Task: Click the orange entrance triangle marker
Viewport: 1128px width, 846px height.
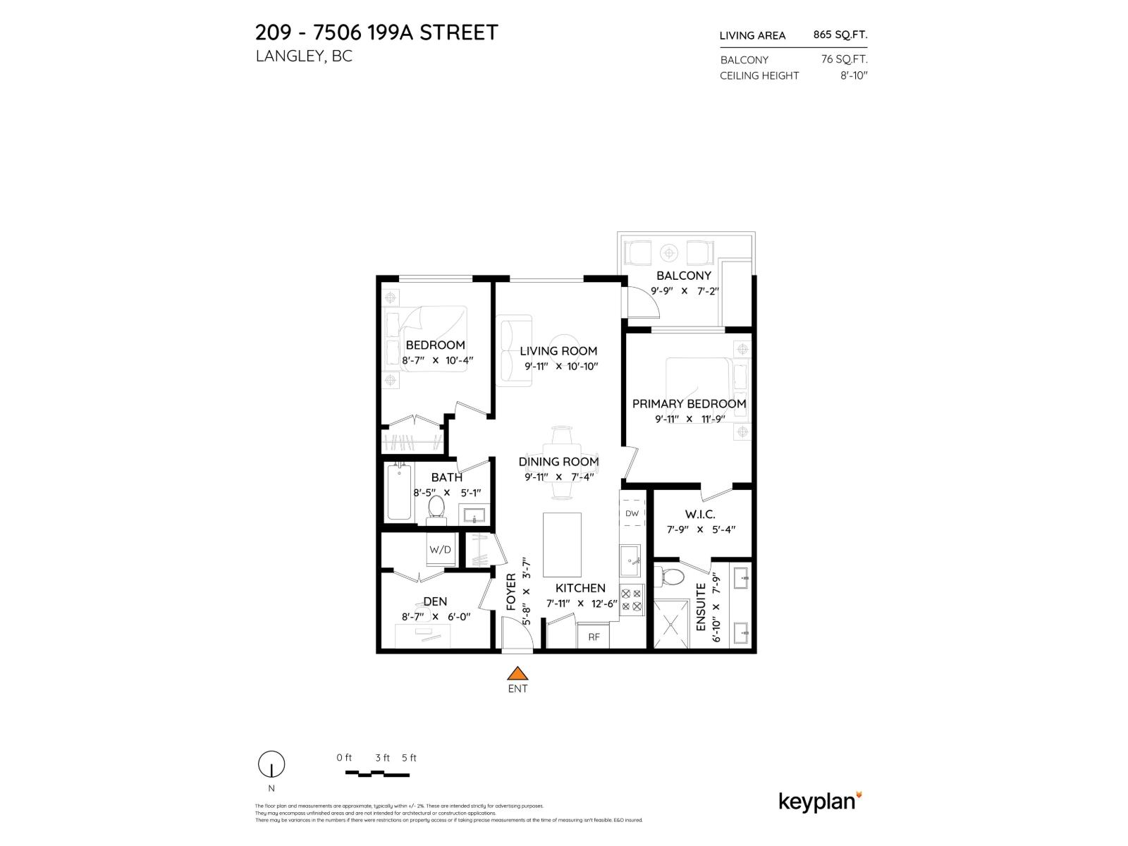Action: (x=517, y=674)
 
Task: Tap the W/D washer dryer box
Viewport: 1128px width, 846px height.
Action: (x=441, y=549)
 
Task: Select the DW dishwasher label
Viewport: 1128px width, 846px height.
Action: (x=632, y=513)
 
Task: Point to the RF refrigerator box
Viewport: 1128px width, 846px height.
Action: (x=594, y=637)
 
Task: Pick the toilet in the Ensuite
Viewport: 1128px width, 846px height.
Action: (x=670, y=577)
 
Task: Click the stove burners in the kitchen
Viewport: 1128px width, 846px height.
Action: (x=632, y=600)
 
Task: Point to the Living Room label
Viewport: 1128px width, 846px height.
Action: (x=558, y=351)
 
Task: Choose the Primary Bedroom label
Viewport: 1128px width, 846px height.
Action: (x=689, y=404)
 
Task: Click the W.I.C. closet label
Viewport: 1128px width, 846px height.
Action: (x=700, y=515)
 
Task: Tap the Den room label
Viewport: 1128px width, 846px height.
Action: (x=435, y=601)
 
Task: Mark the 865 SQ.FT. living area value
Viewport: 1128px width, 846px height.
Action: (x=840, y=35)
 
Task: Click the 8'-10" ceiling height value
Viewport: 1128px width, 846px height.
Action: (x=854, y=75)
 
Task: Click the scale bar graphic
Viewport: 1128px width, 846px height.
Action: (x=377, y=773)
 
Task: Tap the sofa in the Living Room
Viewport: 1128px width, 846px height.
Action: (x=514, y=351)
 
